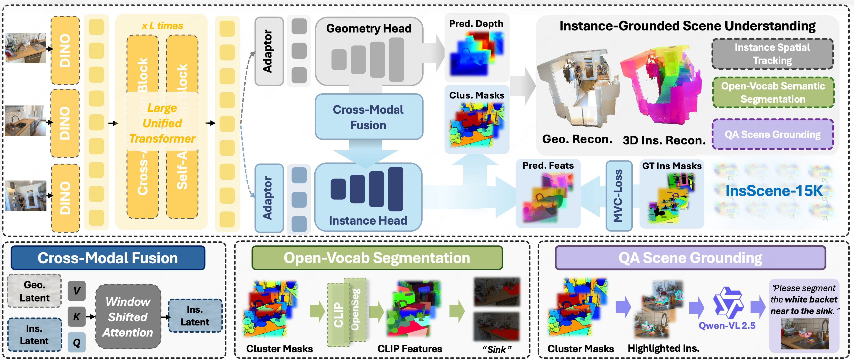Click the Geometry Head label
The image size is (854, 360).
(368, 29)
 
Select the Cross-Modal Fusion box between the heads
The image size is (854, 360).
(368, 117)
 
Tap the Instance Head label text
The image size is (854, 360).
(368, 220)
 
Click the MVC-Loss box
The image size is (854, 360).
(618, 195)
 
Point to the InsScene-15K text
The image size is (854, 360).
(774, 191)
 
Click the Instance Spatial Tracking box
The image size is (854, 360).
(772, 54)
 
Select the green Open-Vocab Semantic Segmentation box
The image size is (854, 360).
(773, 93)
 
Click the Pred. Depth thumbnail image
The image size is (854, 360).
(476, 53)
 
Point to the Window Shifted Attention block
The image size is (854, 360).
(128, 317)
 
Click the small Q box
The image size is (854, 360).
(77, 342)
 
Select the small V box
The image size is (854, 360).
(77, 291)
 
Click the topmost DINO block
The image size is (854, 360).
(65, 50)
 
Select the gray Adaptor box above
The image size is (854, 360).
(269, 51)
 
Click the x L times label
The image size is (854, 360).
(162, 26)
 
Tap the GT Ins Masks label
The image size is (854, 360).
(672, 166)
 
